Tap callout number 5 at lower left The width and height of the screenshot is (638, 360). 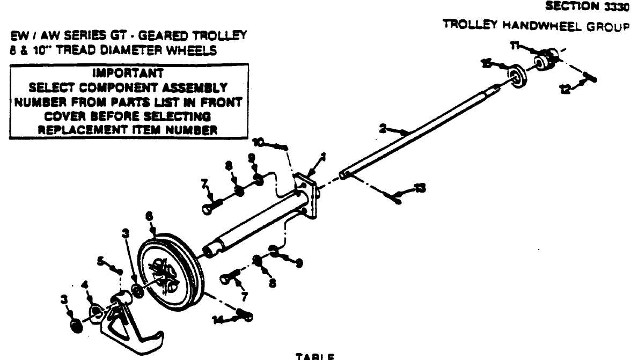pyautogui.click(x=100, y=261)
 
